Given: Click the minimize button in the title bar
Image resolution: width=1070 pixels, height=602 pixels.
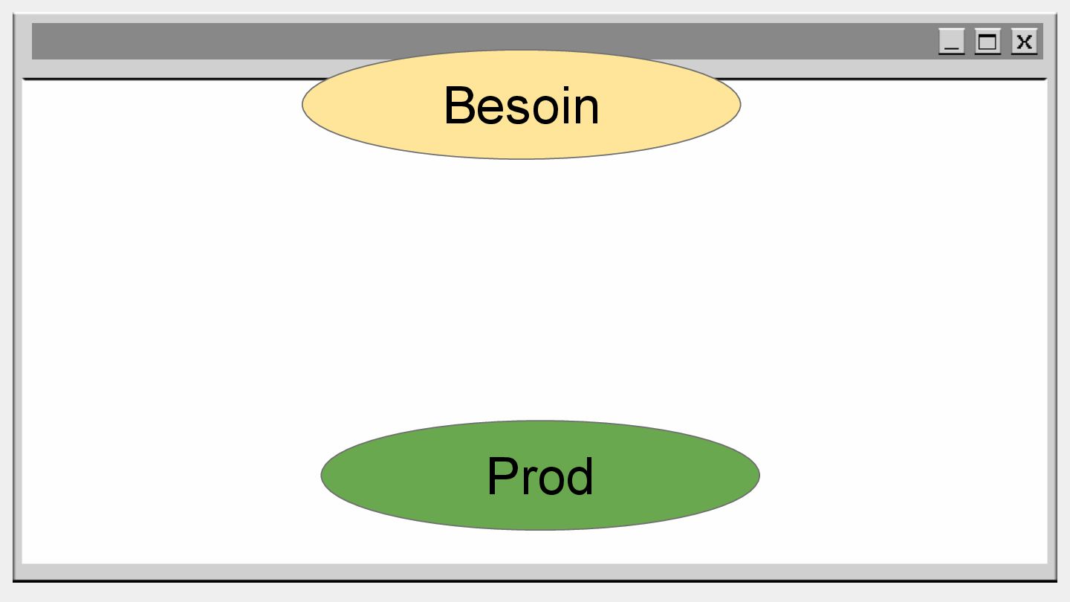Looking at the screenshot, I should pos(951,42).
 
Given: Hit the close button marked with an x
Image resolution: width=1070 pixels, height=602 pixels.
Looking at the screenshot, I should pos(1024,42).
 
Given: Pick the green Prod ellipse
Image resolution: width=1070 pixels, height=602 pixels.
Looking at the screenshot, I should pos(386,476).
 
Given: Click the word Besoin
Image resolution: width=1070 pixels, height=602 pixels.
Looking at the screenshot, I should pos(521,106).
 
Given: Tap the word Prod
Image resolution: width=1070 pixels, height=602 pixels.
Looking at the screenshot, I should pos(540,476).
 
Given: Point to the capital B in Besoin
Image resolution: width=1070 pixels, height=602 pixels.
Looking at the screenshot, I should pos(460,106).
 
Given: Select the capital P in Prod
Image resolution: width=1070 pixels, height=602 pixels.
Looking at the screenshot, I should pos(502,476).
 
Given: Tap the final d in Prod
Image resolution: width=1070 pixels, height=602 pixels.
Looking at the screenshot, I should pos(580,476).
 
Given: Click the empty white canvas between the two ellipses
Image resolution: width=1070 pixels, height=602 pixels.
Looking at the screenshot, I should pos(535,290).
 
